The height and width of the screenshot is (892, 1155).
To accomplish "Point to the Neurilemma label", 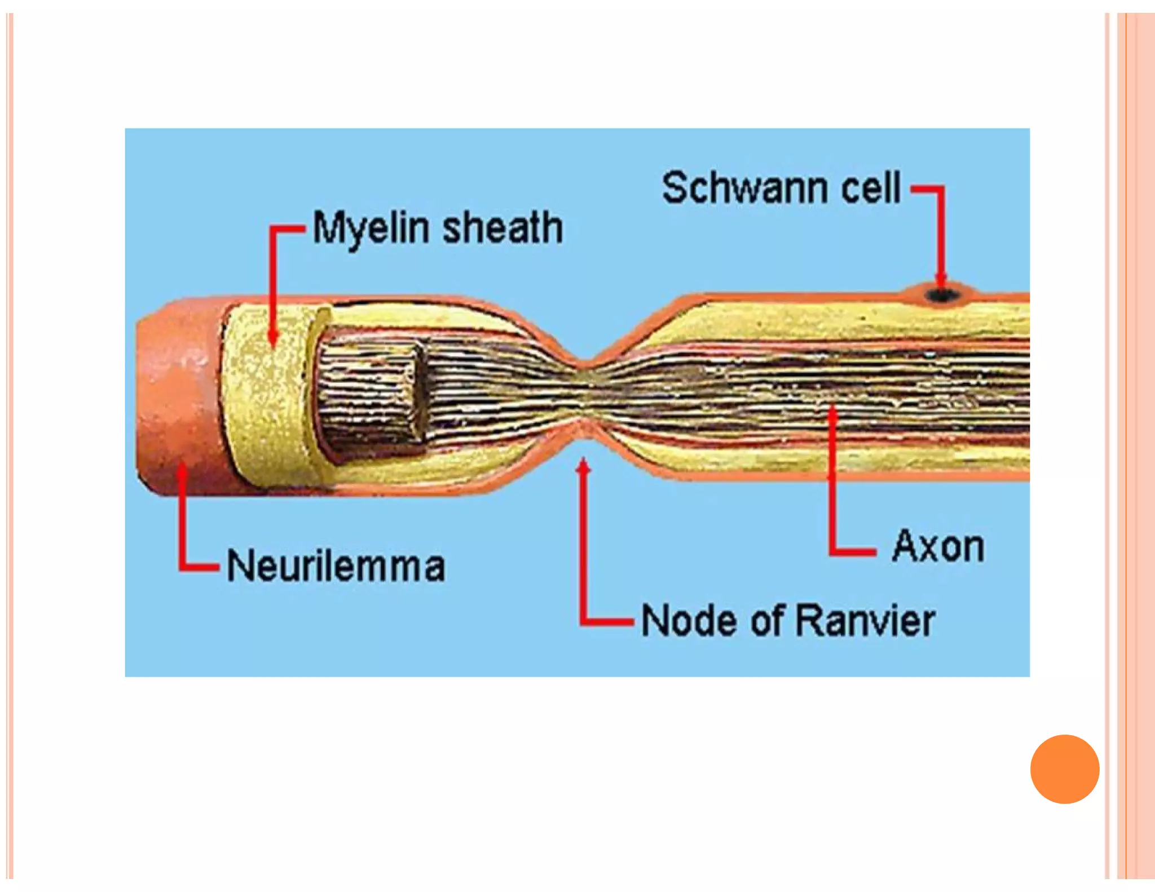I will tap(336, 566).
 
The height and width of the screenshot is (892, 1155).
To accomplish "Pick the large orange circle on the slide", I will tap(1064, 769).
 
